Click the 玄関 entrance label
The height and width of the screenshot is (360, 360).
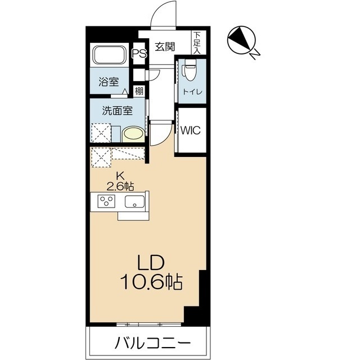coord(165,47)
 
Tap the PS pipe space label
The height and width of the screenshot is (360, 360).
coord(139,55)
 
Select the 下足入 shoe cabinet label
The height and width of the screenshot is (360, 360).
coord(197,42)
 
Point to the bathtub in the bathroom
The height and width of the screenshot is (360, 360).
coord(110,56)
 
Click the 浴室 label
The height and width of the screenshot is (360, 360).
coord(109,81)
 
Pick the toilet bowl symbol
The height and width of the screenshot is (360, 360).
coord(188,71)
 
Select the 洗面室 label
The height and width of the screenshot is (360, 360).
coord(116,110)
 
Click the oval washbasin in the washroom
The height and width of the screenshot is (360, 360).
coord(133,134)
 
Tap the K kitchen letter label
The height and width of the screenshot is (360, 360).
coord(120,176)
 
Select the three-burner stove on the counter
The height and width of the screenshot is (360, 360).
coord(106,201)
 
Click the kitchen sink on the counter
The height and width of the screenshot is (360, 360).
coord(135,202)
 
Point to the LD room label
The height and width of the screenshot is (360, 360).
coord(150,262)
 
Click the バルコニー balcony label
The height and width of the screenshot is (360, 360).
coord(150,342)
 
